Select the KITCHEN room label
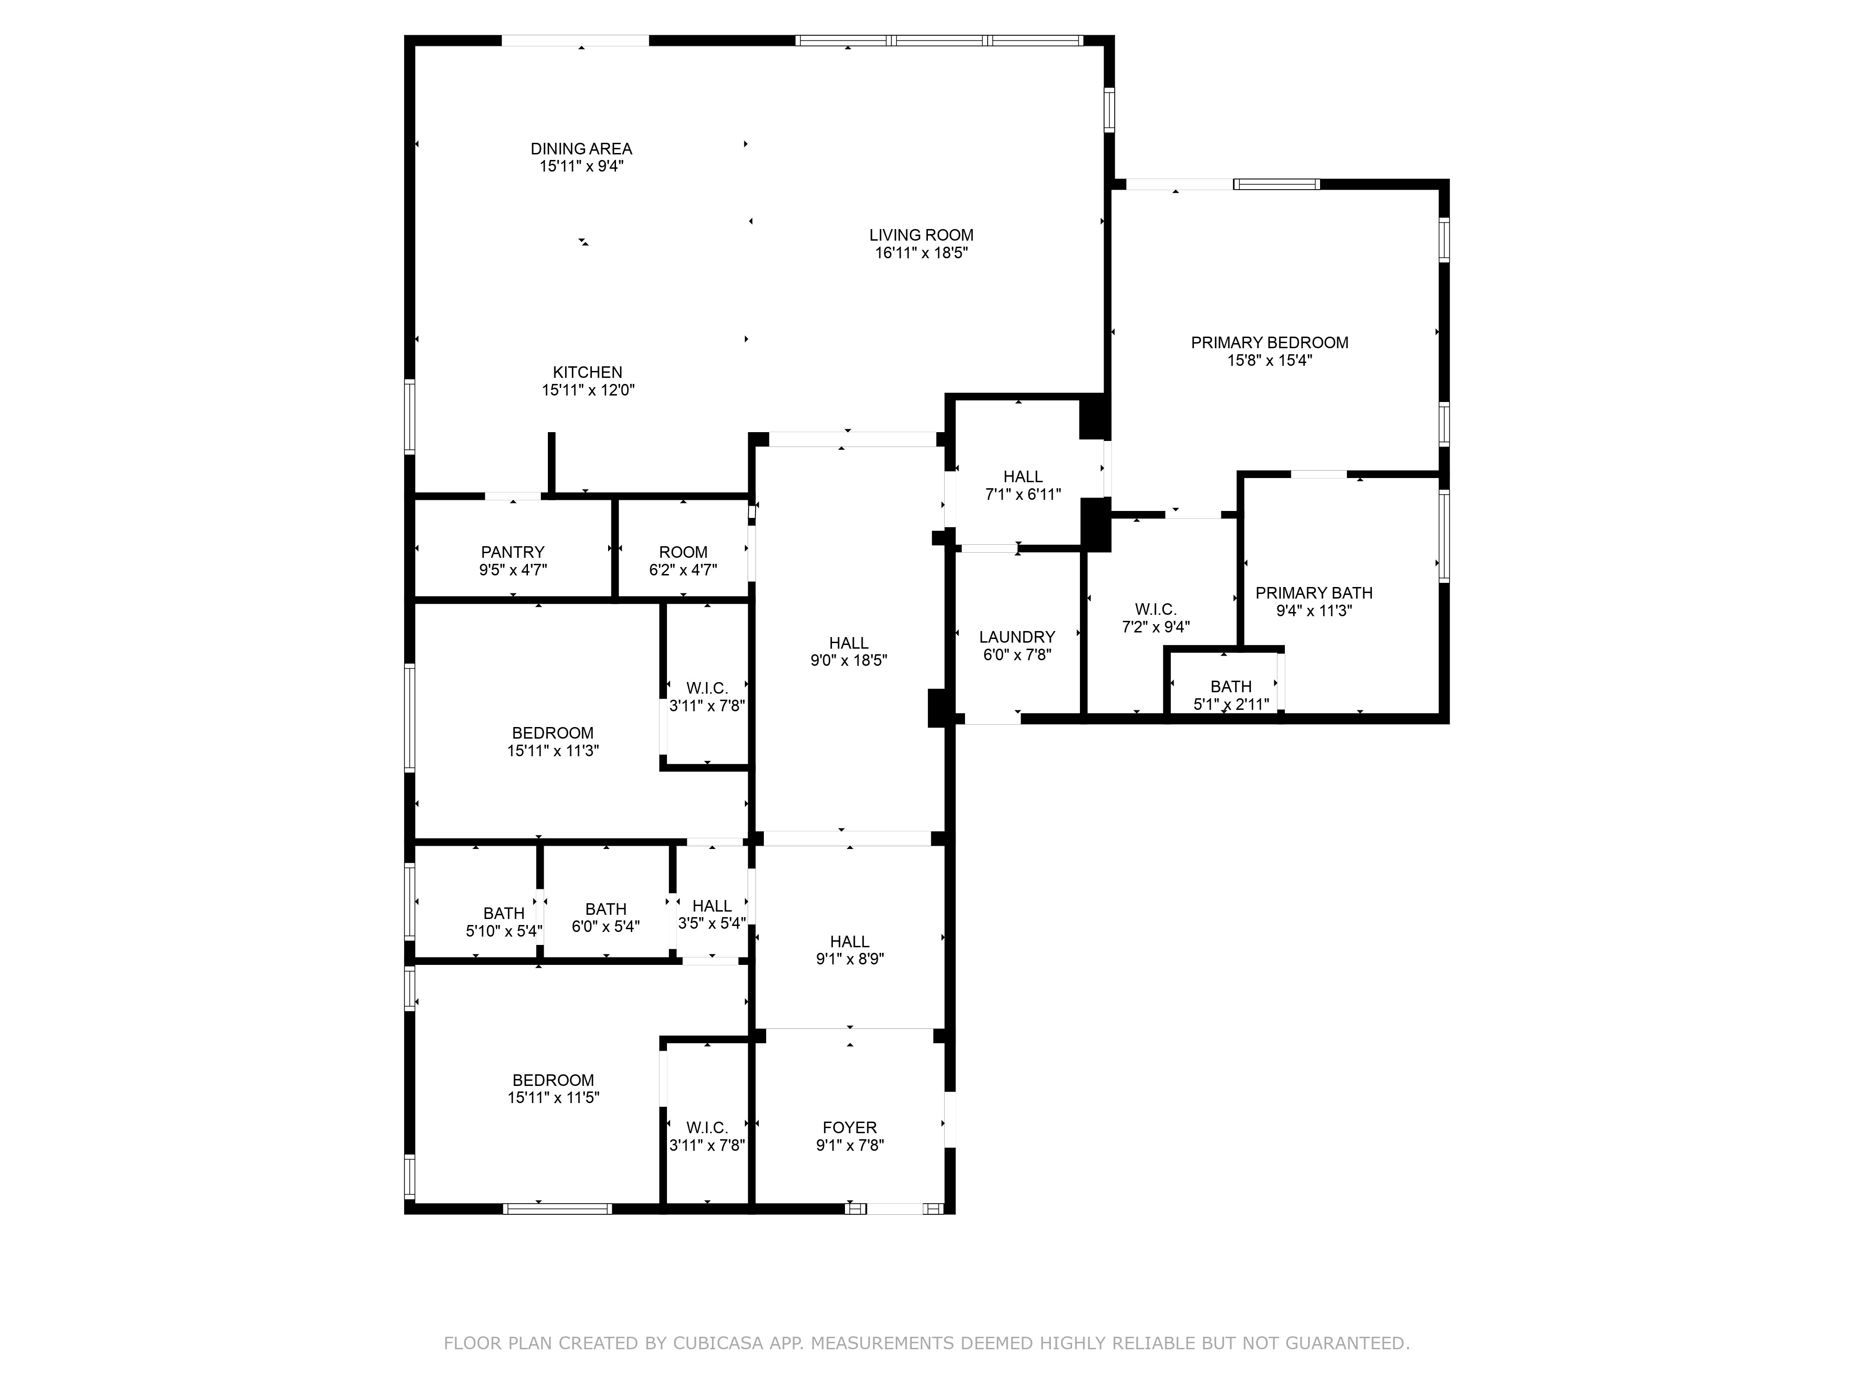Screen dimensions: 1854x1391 coord(588,372)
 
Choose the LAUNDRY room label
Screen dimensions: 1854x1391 coord(1017,637)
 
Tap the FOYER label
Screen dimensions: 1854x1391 coord(850,1128)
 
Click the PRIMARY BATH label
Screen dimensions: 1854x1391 coord(1314,593)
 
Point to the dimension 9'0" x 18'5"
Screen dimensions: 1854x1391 coord(849,661)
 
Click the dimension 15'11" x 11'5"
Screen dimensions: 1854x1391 coord(553,1097)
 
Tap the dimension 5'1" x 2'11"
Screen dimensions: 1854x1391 coord(1231,704)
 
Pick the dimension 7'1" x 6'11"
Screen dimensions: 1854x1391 coord(1023,495)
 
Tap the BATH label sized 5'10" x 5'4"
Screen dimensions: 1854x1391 coord(504,913)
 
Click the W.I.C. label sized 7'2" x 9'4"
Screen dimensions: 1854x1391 coord(1156,610)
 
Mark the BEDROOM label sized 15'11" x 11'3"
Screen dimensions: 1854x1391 coord(553,733)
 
